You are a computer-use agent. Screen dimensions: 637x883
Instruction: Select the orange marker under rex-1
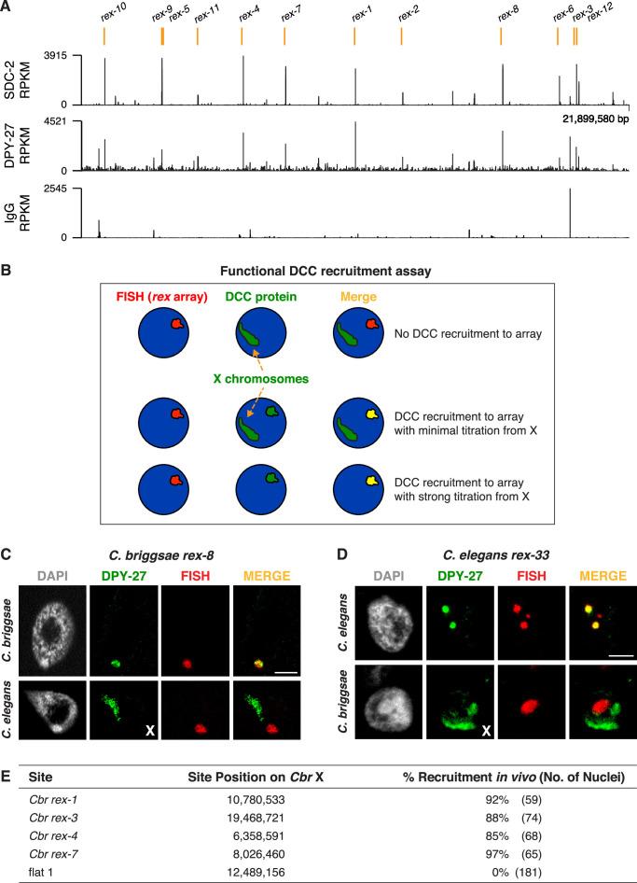click(x=355, y=35)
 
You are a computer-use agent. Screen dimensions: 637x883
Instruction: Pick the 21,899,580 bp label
click(x=596, y=119)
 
